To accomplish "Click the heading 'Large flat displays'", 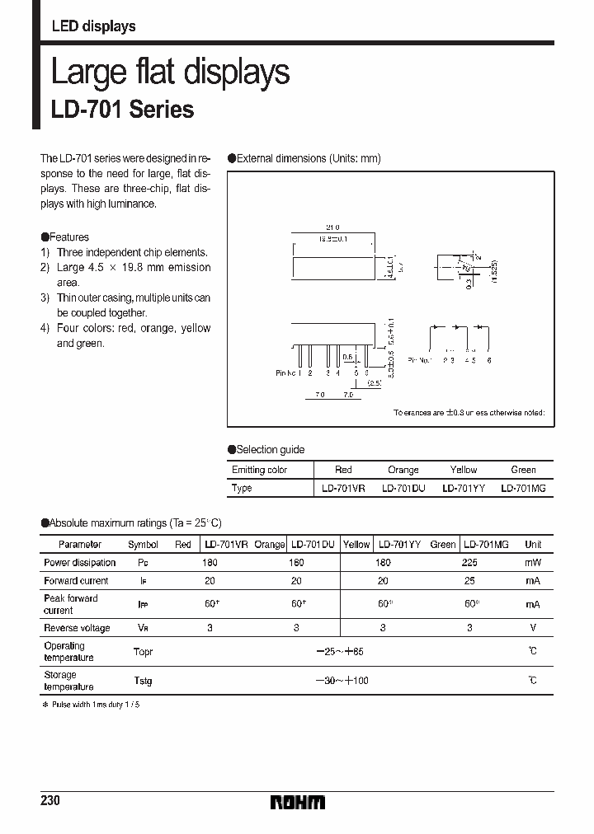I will click(x=170, y=73).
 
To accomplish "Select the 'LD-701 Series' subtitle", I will click(x=122, y=110).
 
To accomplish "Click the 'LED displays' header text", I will click(x=93, y=26).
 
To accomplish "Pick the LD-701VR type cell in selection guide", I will click(x=343, y=488).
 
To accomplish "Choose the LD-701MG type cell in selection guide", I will click(x=523, y=488).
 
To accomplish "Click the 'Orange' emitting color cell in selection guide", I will click(x=403, y=470).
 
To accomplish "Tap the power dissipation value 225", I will click(x=469, y=563).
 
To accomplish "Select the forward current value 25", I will click(x=469, y=581).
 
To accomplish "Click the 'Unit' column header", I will click(x=533, y=545).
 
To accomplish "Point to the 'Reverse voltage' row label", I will click(x=77, y=628).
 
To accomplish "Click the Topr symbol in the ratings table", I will click(x=143, y=652).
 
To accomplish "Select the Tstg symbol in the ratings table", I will click(x=143, y=681).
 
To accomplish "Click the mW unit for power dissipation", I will click(x=533, y=563).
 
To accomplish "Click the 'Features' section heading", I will click(x=69, y=237).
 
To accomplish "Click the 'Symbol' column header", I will click(x=143, y=545).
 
